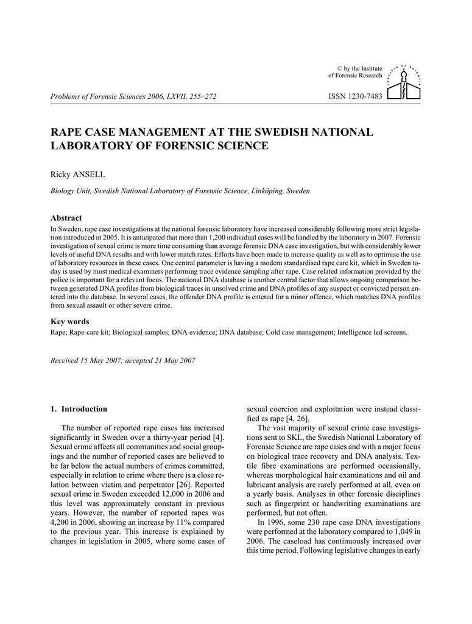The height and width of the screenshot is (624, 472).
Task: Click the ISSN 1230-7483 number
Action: point(354,97)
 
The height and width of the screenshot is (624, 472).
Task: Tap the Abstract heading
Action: point(66,218)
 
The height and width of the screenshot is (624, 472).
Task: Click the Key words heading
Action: point(69,321)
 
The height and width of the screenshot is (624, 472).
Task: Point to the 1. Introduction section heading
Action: point(79,409)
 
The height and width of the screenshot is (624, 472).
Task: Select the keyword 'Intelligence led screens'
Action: point(373,333)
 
